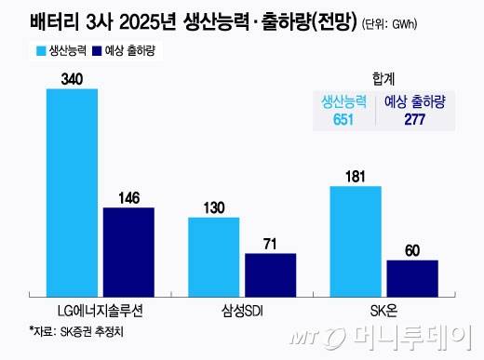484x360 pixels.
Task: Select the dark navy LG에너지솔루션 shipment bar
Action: pyautogui.click(x=128, y=250)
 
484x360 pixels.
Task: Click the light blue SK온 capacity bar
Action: pyautogui.click(x=356, y=239)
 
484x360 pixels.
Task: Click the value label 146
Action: pyautogui.click(x=128, y=197)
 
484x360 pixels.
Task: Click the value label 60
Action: pyautogui.click(x=411, y=249)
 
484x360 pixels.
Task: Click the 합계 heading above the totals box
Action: pyautogui.click(x=383, y=80)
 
